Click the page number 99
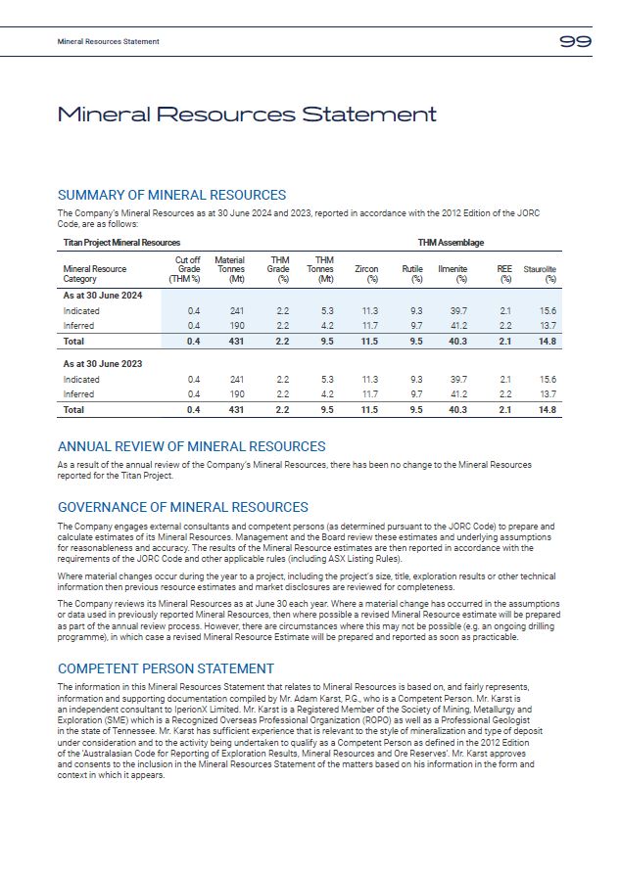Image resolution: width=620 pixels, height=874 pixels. click(x=575, y=41)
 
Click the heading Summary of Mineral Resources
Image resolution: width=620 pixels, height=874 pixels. click(x=171, y=196)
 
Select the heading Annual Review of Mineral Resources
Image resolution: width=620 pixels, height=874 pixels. click(x=191, y=447)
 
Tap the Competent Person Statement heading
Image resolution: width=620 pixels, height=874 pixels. click(x=166, y=669)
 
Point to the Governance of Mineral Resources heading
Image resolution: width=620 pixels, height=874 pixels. click(x=183, y=508)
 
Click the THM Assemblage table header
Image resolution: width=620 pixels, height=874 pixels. click(x=451, y=243)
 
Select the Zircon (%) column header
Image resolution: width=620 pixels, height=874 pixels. click(x=366, y=273)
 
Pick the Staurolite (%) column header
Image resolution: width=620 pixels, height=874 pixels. click(x=541, y=273)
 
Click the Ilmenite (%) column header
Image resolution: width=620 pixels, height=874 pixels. click(x=453, y=273)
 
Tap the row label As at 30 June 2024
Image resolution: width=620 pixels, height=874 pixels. click(x=103, y=296)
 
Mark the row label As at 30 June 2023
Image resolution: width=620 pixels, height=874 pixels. click(x=103, y=363)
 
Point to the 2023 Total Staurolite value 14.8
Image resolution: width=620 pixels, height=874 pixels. click(x=547, y=410)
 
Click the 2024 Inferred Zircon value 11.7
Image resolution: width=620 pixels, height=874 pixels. click(x=369, y=325)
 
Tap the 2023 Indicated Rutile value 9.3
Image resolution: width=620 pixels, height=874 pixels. click(x=415, y=379)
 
